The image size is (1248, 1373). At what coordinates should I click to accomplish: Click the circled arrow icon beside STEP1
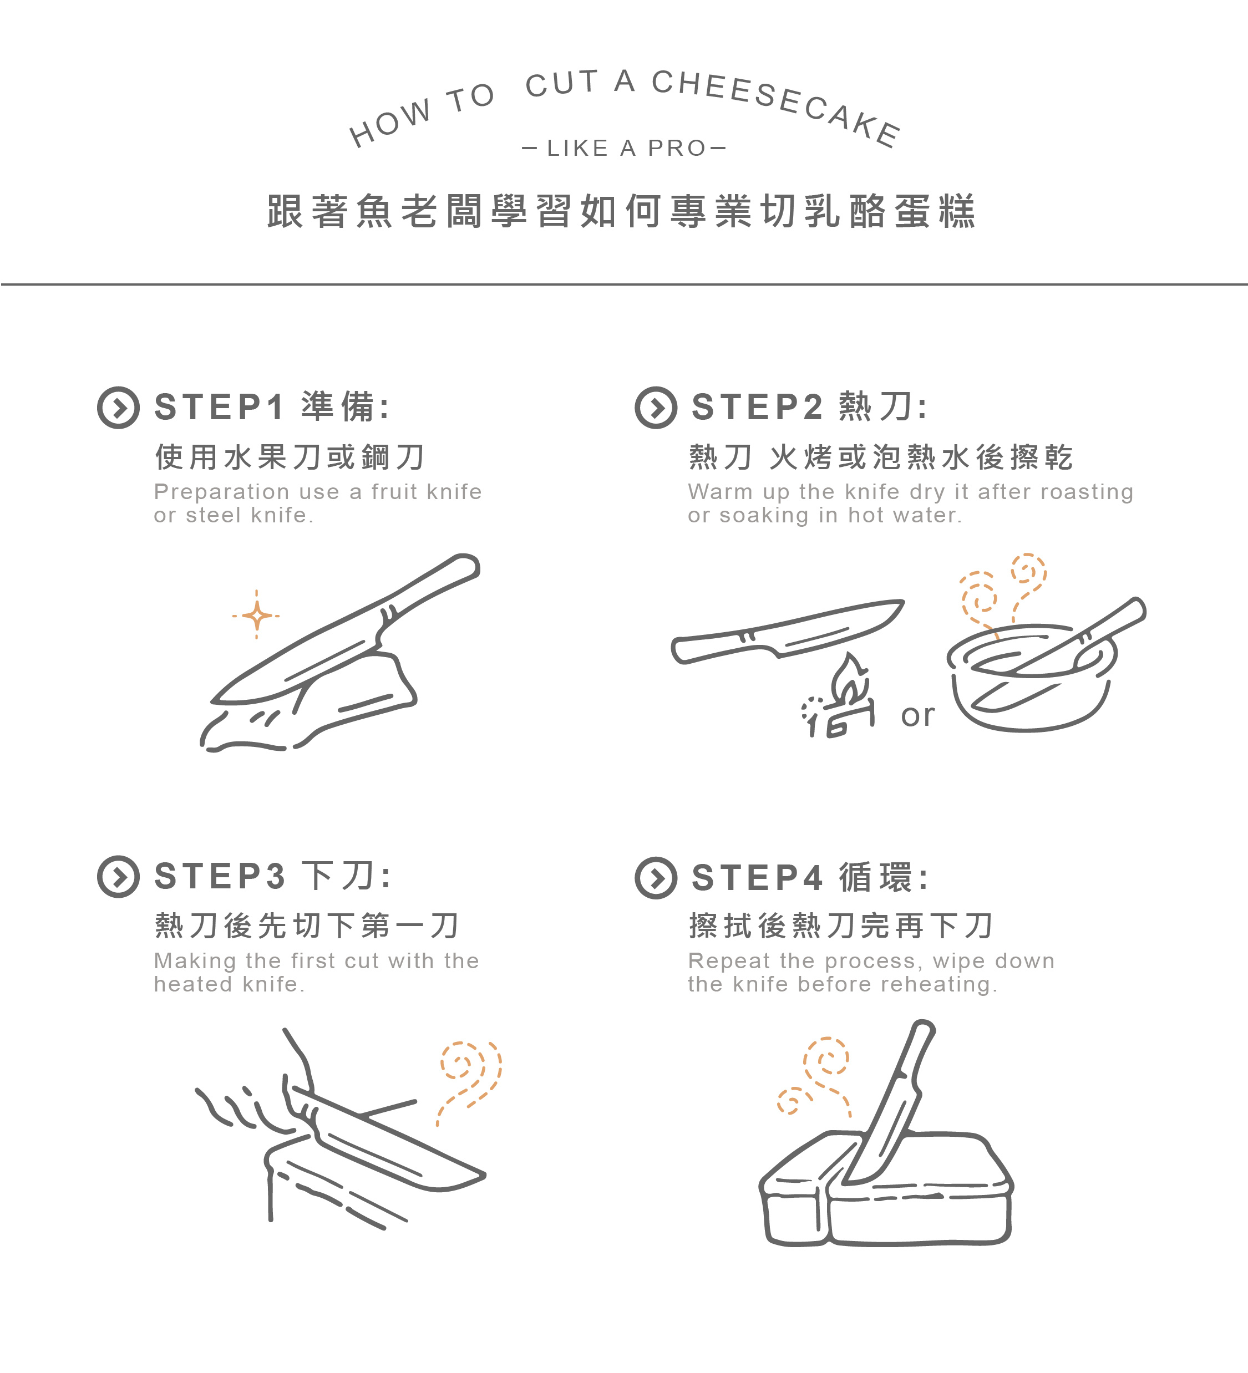119,408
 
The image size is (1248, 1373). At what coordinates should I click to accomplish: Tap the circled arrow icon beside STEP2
656,408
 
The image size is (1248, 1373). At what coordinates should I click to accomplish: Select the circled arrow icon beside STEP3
119,877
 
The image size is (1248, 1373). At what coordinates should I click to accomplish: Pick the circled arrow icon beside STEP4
656,878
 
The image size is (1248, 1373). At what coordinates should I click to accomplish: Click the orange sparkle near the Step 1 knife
256,616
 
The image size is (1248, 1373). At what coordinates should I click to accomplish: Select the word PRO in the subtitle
677,148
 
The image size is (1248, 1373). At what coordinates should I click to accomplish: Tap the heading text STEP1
219,407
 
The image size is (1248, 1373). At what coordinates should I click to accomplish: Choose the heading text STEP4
757,877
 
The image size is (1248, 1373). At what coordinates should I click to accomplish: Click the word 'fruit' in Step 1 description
394,492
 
